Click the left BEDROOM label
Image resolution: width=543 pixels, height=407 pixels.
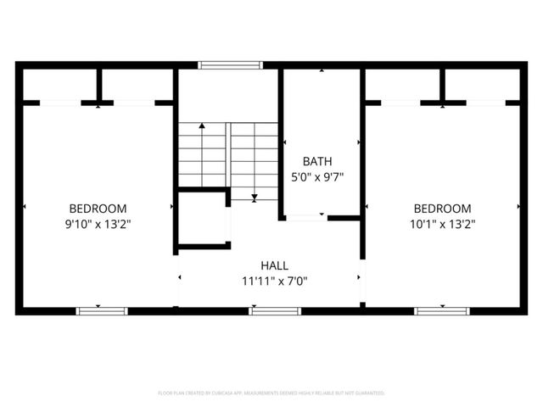point(98,209)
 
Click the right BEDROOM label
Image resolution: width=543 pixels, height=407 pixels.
point(442,209)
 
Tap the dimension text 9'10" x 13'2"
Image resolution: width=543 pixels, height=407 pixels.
point(98,225)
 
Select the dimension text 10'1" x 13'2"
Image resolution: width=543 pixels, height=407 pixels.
point(442,225)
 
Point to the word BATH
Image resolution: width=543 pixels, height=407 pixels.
point(317,161)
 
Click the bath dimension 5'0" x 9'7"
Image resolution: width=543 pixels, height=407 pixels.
point(317,177)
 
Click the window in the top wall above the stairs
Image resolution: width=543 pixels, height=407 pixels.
point(230,64)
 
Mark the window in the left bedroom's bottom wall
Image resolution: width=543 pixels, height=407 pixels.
point(102,311)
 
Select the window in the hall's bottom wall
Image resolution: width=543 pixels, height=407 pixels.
point(275,311)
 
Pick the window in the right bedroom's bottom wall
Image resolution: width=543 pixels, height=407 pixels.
point(441,311)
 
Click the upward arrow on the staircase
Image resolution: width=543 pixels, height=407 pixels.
point(202,127)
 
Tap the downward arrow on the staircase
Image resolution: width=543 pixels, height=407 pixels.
point(255,197)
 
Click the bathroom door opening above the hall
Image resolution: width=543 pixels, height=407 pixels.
point(305,218)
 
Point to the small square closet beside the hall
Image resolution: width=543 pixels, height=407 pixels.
point(202,220)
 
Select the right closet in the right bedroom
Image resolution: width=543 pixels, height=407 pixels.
point(482,85)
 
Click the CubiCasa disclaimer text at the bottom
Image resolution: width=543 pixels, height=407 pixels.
point(271,393)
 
